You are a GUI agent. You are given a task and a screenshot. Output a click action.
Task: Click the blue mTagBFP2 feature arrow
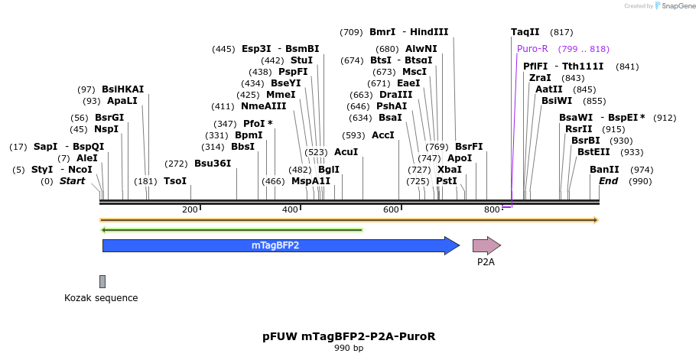(x=275, y=245)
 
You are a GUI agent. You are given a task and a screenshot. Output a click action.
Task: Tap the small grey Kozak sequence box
(x=102, y=281)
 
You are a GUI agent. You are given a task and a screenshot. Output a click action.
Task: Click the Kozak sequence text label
(x=101, y=298)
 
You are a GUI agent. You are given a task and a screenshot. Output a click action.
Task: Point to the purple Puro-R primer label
(x=532, y=48)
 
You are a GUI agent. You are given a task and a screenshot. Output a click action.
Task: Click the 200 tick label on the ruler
(x=190, y=209)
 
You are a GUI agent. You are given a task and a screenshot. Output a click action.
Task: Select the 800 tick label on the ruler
(x=492, y=209)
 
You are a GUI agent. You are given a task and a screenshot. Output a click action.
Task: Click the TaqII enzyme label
(x=525, y=32)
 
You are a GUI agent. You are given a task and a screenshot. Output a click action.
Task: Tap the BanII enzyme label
(x=604, y=169)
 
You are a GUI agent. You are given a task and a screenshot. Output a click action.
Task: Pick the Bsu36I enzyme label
(x=213, y=163)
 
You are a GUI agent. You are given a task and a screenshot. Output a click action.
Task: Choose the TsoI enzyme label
(x=175, y=181)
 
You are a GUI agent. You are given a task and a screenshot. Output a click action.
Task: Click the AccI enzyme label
(x=383, y=135)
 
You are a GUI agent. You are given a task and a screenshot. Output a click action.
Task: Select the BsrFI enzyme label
(x=469, y=146)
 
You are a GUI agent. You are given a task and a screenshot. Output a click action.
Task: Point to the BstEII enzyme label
(x=594, y=151)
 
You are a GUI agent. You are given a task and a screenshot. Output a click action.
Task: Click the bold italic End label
(x=609, y=181)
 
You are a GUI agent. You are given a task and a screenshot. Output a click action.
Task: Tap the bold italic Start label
(x=73, y=181)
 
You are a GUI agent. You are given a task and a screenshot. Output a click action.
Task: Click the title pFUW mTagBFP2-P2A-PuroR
(x=349, y=336)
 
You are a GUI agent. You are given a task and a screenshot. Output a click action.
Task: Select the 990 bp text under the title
(x=349, y=349)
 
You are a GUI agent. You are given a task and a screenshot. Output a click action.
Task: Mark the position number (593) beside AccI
(x=354, y=135)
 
